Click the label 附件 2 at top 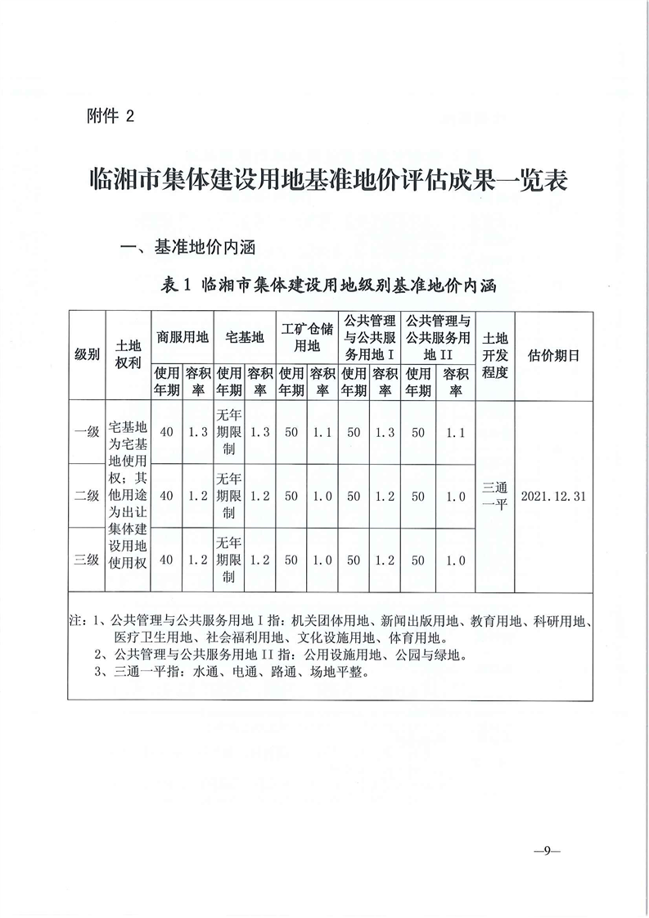109,116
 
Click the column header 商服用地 183,336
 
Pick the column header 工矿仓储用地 307,336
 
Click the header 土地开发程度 496,355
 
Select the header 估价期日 554,355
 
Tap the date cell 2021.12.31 554,496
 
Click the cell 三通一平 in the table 496,496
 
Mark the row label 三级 87,560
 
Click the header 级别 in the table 87,355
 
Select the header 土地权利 130,355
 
